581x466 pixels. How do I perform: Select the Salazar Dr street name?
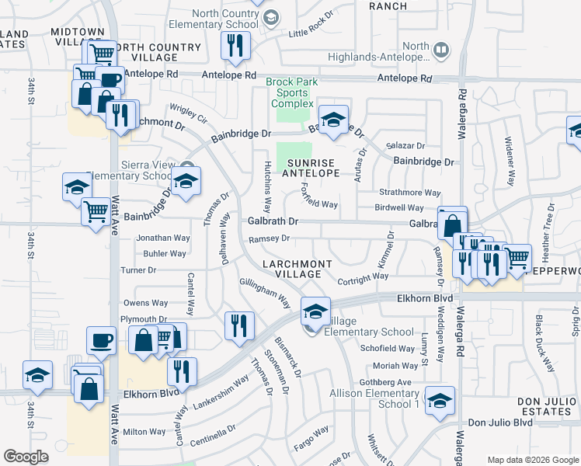coord(406,145)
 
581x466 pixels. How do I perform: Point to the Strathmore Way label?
coord(410,193)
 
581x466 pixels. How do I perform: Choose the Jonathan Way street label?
coord(163,238)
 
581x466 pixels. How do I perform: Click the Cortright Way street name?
coord(364,276)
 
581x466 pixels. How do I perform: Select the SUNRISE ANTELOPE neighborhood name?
coord(311,168)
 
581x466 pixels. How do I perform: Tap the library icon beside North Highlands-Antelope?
coord(440,51)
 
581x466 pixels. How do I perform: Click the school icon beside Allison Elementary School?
coord(440,401)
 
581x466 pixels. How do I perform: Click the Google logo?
coord(26,457)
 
